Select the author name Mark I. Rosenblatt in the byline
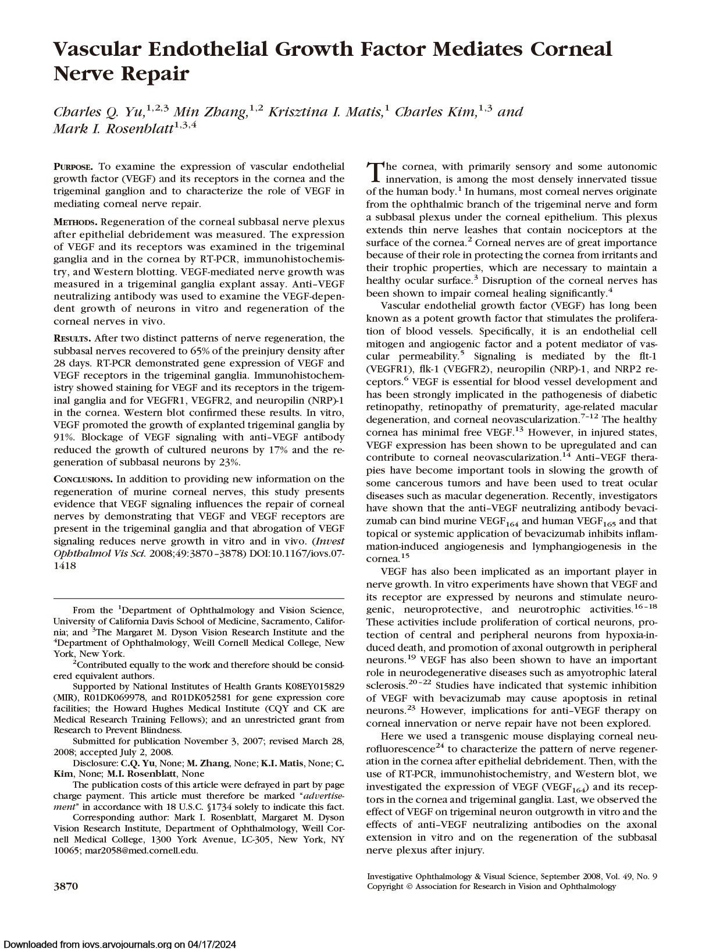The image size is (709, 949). pyautogui.click(x=113, y=129)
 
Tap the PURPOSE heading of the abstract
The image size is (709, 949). pyautogui.click(x=74, y=166)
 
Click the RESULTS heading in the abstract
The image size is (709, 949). pyautogui.click(x=72, y=339)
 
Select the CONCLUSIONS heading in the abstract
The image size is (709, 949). pyautogui.click(x=83, y=479)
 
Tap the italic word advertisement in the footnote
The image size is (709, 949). pyautogui.click(x=322, y=795)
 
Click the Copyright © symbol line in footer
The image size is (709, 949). pyautogui.click(x=491, y=886)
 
